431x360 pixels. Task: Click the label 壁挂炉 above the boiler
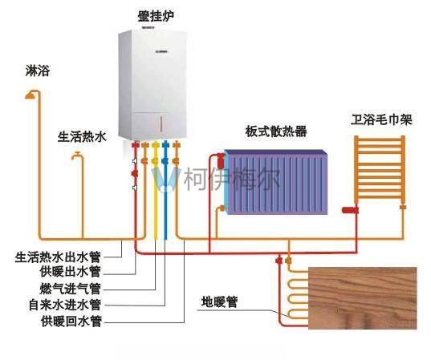[x=156, y=17]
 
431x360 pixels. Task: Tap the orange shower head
[x=30, y=95]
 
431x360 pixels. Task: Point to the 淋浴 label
[x=38, y=71]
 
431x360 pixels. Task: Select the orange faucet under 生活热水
[x=76, y=156]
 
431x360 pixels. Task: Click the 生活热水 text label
[x=82, y=136]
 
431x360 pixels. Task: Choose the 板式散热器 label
[x=276, y=131]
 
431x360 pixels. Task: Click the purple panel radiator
[x=276, y=182]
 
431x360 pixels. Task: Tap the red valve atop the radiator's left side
[x=221, y=161]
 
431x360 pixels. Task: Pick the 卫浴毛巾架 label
[x=381, y=119]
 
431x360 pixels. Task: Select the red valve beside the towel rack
[x=350, y=210]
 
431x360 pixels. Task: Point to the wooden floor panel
[x=363, y=298]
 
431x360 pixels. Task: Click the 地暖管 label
[x=219, y=302]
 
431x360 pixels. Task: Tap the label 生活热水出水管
[x=58, y=257]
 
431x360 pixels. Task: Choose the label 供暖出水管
[x=71, y=272]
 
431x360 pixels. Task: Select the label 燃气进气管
[x=71, y=289]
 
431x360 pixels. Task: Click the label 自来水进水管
[x=65, y=305]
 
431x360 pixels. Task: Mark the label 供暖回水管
[x=71, y=322]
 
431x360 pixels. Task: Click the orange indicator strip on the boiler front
[x=161, y=123]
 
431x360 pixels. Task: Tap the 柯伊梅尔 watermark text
[x=231, y=180]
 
